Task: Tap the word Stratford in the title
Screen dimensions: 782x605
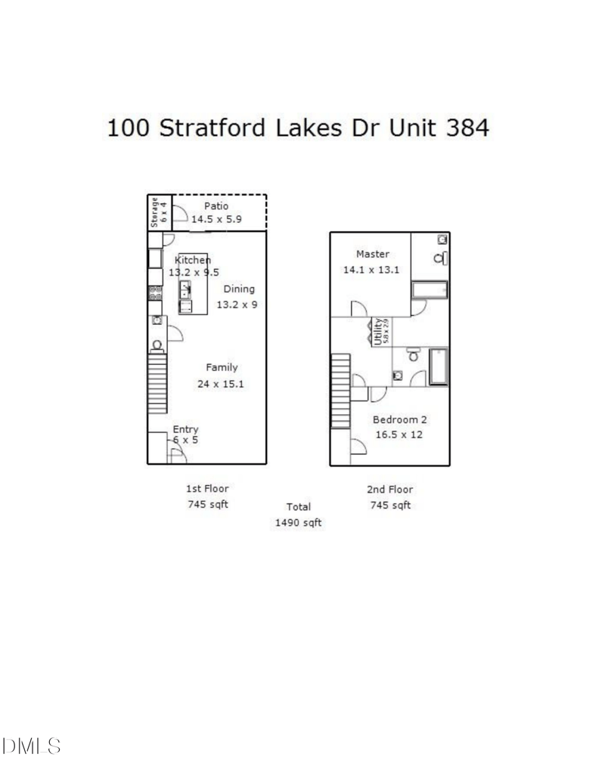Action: tap(211, 128)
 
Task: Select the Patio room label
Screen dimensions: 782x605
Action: tap(216, 206)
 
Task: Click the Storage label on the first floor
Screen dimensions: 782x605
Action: tap(154, 212)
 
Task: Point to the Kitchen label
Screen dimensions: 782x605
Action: tap(192, 260)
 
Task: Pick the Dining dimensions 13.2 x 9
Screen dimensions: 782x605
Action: tap(236, 304)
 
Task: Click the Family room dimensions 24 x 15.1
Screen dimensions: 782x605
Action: tap(220, 383)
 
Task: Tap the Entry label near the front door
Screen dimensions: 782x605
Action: tap(185, 429)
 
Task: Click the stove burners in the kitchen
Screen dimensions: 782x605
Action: tap(155, 292)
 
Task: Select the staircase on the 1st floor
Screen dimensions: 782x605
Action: tap(157, 383)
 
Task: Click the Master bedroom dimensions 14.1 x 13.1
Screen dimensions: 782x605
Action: tap(372, 270)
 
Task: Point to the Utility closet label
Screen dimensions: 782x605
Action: tap(380, 332)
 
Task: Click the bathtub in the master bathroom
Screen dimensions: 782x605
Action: tap(429, 291)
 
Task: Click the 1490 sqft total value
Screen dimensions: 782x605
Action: tap(299, 522)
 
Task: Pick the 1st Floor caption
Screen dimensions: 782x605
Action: tap(207, 489)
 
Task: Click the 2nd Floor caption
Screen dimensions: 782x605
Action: tap(390, 490)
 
